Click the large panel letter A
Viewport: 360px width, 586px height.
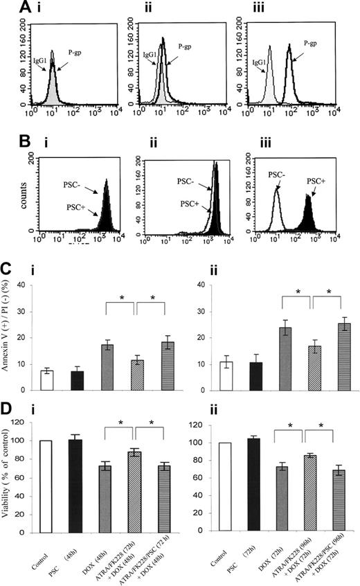(x=10, y=8)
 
